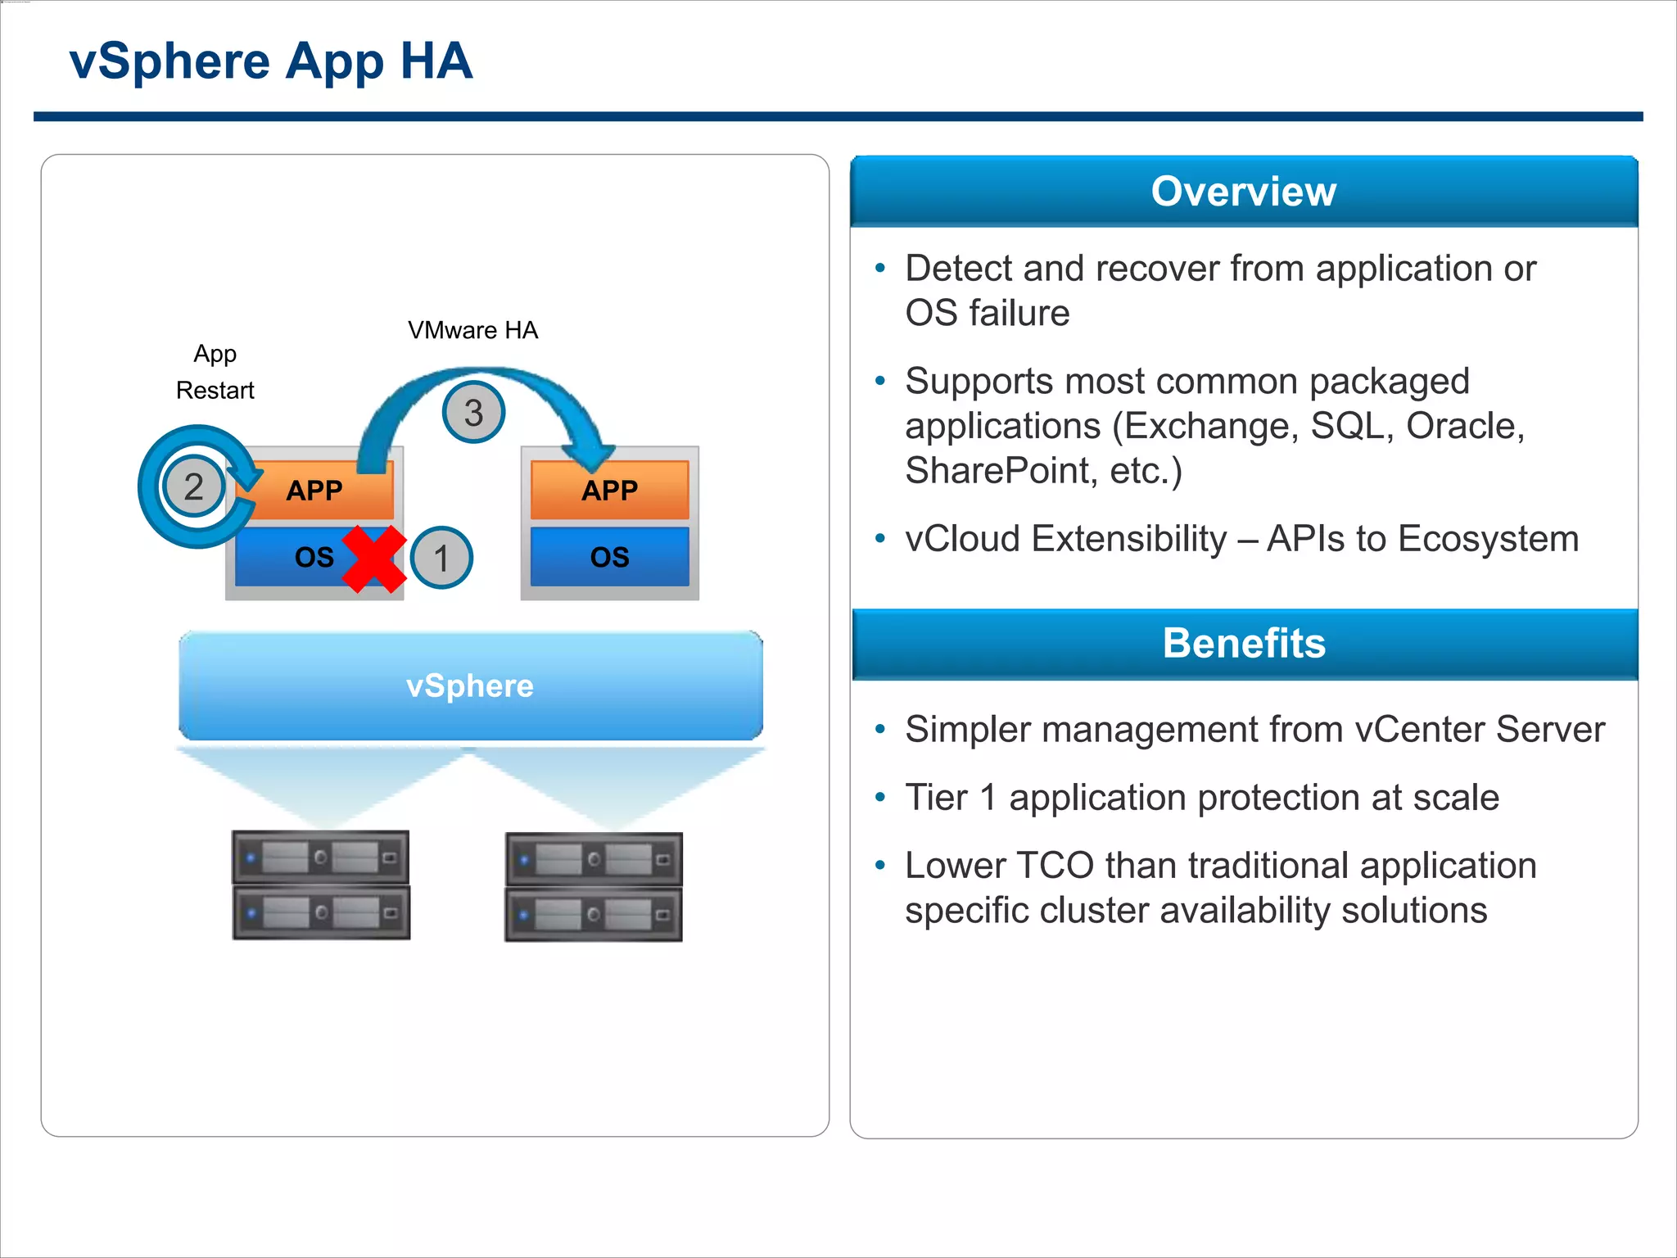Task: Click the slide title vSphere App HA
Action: point(270,61)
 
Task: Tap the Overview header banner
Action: point(1243,192)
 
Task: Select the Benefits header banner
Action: point(1243,644)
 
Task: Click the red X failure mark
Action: point(374,559)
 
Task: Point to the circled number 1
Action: point(441,558)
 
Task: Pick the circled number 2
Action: point(194,486)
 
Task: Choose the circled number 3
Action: point(473,412)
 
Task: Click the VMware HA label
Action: point(472,330)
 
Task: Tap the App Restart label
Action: point(215,372)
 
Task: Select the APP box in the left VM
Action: point(315,491)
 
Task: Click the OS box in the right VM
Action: point(610,557)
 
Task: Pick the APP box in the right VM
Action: point(610,490)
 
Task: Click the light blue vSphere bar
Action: point(470,686)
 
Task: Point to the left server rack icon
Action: point(321,885)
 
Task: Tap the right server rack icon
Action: point(594,887)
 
